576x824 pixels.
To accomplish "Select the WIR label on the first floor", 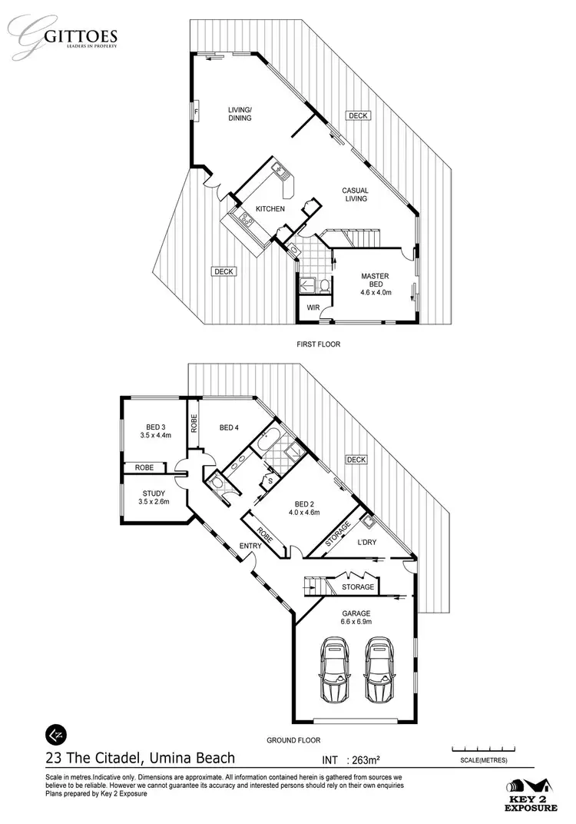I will tap(313, 307).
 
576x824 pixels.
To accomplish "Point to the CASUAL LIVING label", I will tap(356, 194).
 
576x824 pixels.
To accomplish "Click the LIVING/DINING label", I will tap(240, 114).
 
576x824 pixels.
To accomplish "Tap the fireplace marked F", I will tap(197, 112).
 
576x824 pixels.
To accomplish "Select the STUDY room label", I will tap(154, 497).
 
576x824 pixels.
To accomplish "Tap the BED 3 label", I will tap(154, 431).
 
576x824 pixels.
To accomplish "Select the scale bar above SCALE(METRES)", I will tap(482, 749).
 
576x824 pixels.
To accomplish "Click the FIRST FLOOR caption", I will tap(318, 344).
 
